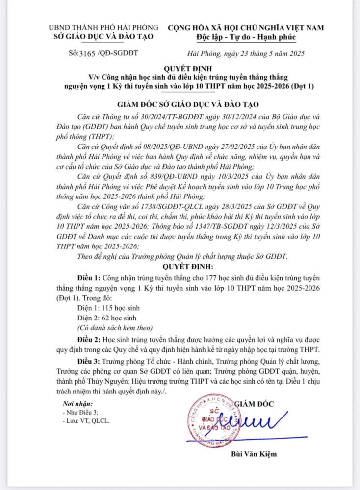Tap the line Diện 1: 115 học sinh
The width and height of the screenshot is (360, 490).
[108, 308]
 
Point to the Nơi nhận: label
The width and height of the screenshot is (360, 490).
[77, 403]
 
